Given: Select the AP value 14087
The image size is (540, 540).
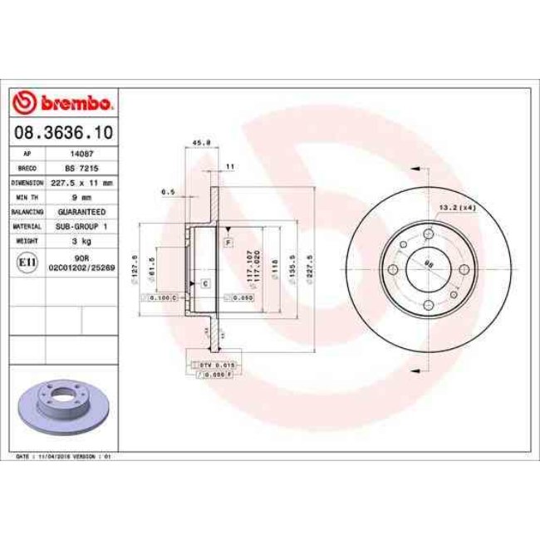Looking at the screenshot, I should pos(81,155).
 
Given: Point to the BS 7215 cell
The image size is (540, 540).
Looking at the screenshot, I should pos(81,169).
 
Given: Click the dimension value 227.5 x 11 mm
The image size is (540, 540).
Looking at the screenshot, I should pos(81,183).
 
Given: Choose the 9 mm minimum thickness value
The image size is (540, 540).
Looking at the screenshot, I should pos(81,197).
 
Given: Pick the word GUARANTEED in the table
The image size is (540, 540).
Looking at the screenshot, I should pos(81,212).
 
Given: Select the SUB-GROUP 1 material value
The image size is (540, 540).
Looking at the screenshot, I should pos(81,226).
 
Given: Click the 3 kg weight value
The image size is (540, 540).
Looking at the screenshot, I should pos(81,240).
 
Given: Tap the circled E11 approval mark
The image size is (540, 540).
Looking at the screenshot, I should pos(26,263).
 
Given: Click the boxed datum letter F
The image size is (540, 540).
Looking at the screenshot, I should pos(226,242).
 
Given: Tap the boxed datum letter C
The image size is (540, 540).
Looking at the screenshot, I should pos(204,283).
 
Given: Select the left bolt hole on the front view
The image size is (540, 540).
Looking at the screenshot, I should pos(395,268).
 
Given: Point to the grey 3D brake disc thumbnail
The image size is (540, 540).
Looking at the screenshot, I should pos(56,407).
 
